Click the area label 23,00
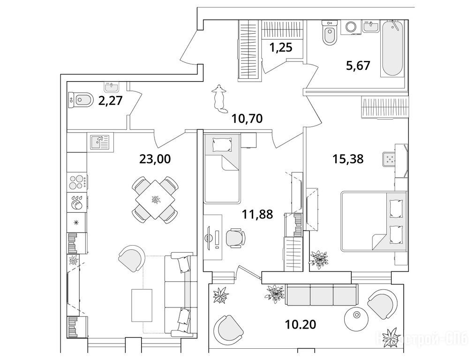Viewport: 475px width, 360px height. (155, 159)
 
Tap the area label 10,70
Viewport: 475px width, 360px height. (247, 119)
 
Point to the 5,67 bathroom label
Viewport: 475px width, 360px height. (358, 65)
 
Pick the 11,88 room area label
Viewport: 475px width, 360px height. (257, 215)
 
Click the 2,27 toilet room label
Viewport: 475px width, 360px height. (110, 100)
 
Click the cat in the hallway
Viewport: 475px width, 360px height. (219, 97)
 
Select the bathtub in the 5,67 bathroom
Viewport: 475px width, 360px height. (392, 49)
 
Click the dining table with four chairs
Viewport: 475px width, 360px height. (155, 199)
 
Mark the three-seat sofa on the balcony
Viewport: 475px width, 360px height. (322, 295)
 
